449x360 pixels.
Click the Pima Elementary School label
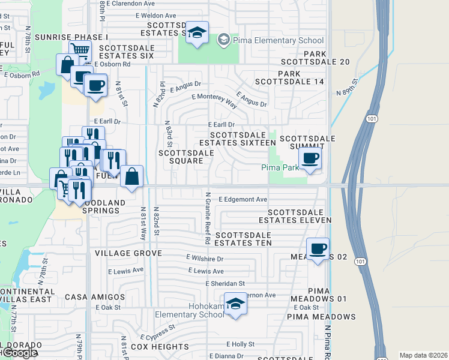point(279,41)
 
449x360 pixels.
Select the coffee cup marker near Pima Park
point(310,158)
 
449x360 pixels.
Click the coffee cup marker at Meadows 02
point(318,248)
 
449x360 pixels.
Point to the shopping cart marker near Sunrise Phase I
point(79,50)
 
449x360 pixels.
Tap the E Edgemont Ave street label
point(243,199)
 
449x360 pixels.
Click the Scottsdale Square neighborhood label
point(186,157)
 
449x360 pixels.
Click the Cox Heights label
point(160,347)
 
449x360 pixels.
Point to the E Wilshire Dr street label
point(205,259)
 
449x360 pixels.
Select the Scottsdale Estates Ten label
point(243,239)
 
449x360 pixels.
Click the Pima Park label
point(280,167)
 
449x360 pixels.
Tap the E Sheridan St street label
point(225,283)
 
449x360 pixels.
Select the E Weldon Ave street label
point(155,16)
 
